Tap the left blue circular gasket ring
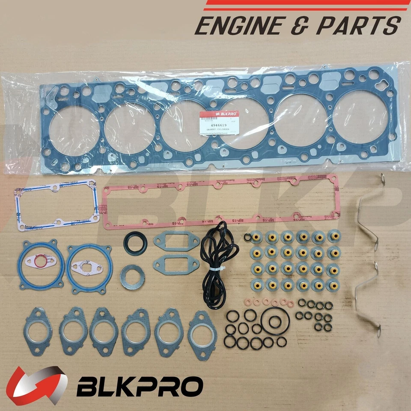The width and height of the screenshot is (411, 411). pos(41,264)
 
